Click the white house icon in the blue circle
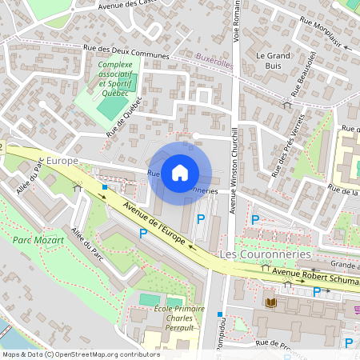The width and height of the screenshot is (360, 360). point(180,172)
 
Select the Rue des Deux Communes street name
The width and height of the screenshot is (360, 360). point(126,51)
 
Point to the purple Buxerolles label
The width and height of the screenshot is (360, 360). point(214,58)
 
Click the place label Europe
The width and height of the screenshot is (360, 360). point(62,161)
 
